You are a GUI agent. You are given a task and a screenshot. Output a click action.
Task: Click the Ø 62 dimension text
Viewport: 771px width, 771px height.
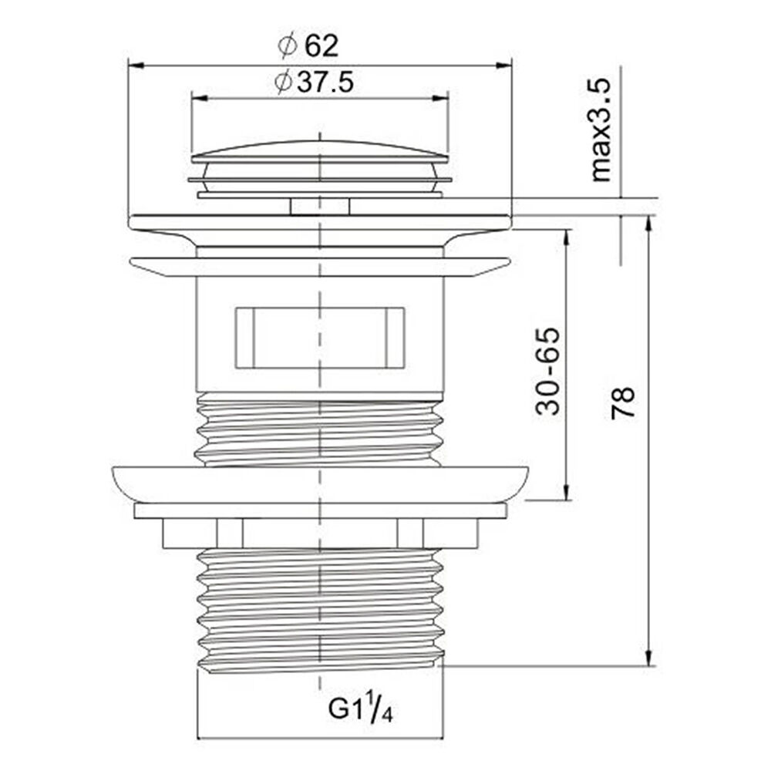(308, 45)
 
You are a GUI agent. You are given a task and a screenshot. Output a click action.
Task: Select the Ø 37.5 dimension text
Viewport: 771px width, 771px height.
(315, 82)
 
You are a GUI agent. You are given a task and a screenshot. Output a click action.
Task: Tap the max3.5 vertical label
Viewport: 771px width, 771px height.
(601, 130)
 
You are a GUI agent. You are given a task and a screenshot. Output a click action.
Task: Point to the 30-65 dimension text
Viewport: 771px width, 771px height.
(547, 372)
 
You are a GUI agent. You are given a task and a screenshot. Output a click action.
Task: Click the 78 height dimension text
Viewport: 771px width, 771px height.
(623, 403)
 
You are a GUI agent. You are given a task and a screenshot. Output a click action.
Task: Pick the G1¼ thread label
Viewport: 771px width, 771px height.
(360, 709)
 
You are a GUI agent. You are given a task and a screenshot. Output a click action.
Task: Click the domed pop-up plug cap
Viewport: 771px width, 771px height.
(320, 151)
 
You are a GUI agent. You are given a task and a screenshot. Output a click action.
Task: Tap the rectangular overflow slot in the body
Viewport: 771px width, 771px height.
(320, 338)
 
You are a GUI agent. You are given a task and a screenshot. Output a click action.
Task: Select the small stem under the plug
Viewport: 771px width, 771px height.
(320, 206)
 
